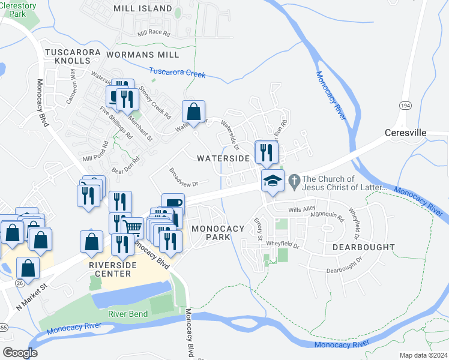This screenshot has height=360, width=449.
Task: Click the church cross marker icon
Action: (294, 179)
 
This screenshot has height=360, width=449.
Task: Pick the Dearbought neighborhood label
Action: (360, 247)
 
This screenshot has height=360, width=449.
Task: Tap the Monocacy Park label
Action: (218, 233)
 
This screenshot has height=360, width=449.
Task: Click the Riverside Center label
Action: (109, 269)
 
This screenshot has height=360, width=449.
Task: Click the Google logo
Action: (20, 353)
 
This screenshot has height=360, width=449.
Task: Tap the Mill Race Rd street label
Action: (154, 34)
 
